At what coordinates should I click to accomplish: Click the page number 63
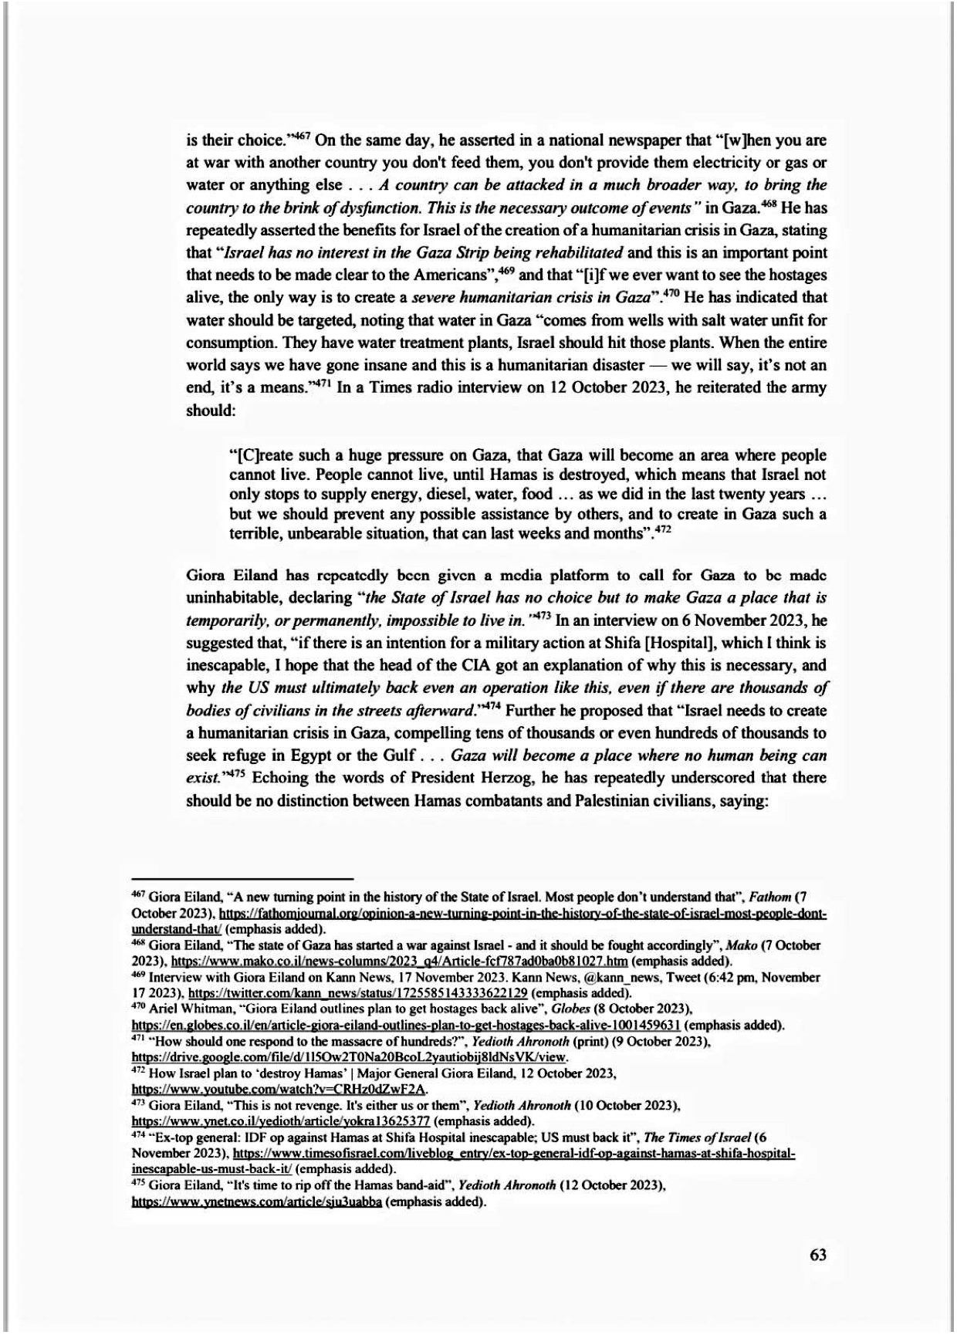[x=818, y=1255]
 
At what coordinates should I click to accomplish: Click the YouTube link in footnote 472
[x=280, y=1090]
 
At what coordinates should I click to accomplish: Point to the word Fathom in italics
[x=773, y=897]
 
